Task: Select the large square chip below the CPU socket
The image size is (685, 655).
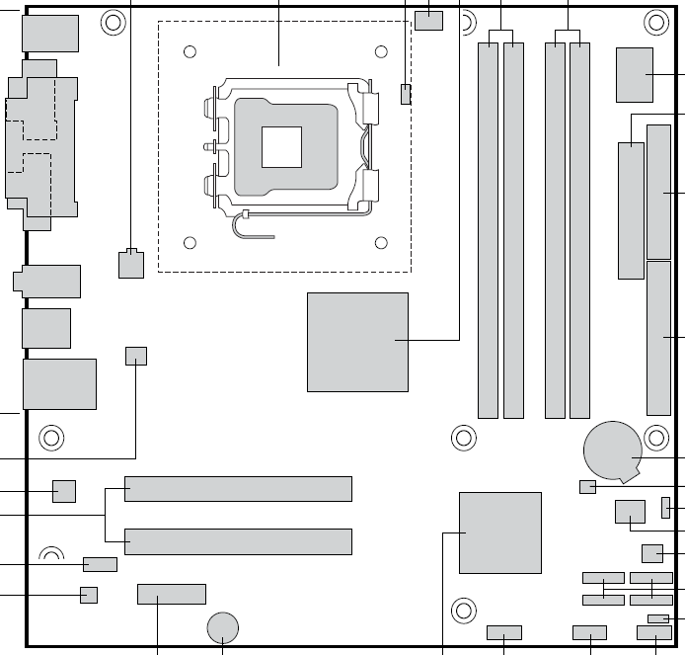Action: pyautogui.click(x=357, y=341)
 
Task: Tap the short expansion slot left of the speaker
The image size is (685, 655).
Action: pyautogui.click(x=172, y=594)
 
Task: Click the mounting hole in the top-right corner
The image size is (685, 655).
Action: pyautogui.click(x=655, y=21)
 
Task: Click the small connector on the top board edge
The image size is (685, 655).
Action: pyautogui.click(x=429, y=20)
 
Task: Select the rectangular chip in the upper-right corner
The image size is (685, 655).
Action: pyautogui.click(x=635, y=74)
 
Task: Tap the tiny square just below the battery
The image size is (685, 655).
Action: pyautogui.click(x=588, y=486)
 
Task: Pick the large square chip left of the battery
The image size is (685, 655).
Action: pyautogui.click(x=500, y=532)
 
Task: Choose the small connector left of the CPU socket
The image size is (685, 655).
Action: pyautogui.click(x=130, y=264)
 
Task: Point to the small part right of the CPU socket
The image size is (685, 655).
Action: pyautogui.click(x=406, y=95)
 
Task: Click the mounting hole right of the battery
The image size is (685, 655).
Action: pyautogui.click(x=655, y=437)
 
